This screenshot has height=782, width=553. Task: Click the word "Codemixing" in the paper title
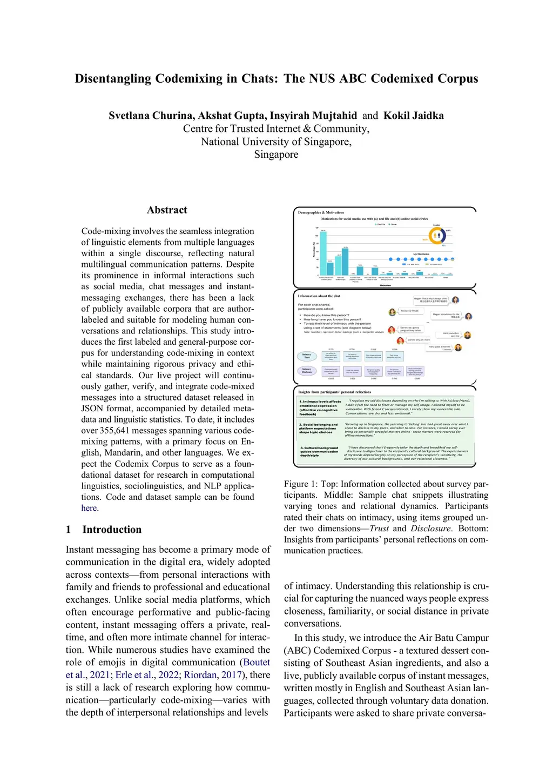click(x=190, y=79)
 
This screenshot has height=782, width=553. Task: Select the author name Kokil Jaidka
click(x=413, y=116)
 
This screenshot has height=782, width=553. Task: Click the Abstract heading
click(x=167, y=210)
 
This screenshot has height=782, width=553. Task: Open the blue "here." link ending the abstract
click(x=90, y=508)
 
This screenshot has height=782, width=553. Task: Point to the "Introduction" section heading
click(x=112, y=530)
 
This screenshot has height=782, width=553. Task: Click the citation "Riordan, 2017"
click(x=212, y=675)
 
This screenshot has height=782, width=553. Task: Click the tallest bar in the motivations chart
click(x=323, y=253)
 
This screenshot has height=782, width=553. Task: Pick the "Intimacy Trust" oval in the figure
click(x=307, y=356)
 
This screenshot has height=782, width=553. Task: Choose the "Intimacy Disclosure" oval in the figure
click(x=307, y=370)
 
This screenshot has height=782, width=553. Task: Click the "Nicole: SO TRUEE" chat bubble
click(x=409, y=311)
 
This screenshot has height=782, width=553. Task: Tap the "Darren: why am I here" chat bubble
click(x=419, y=340)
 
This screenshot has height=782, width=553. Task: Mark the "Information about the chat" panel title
click(x=319, y=296)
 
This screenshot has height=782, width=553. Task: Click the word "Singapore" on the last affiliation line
click(x=276, y=155)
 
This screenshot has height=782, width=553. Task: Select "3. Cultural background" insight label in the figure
click(x=319, y=448)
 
